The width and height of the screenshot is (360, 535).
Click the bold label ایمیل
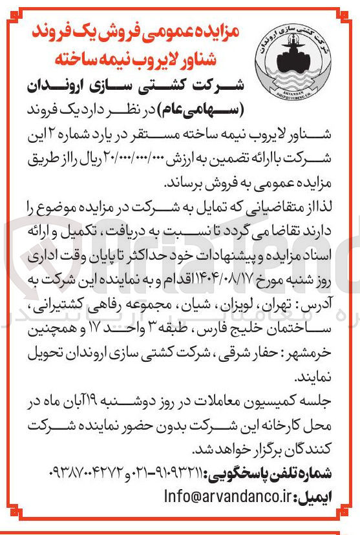point(315,498)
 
